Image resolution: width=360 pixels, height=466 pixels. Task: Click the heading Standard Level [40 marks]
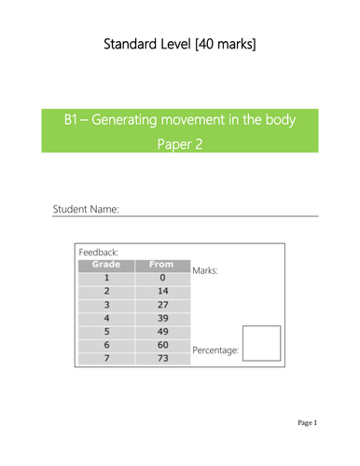[180, 44]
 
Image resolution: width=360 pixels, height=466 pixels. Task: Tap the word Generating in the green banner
[124, 120]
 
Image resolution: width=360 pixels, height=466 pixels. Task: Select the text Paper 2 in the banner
[180, 144]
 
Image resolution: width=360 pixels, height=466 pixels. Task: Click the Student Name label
[86, 209]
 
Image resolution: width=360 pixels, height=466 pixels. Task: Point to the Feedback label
[99, 253]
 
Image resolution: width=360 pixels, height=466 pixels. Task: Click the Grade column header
[106, 265]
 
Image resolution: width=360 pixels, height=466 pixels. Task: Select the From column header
[161, 265]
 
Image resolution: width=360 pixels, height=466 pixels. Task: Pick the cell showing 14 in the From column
[163, 291]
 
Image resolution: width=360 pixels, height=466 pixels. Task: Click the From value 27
[163, 305]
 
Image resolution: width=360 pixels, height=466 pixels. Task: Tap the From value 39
[163, 318]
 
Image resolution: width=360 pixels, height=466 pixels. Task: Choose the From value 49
[163, 332]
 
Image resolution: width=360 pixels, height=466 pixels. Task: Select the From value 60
[163, 345]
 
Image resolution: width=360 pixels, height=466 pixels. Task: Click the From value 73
[163, 358]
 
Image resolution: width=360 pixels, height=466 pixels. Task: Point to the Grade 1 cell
[106, 278]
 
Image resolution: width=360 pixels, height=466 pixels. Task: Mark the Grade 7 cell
[106, 358]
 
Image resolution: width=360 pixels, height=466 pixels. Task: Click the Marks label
[205, 270]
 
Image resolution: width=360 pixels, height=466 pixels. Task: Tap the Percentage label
[215, 350]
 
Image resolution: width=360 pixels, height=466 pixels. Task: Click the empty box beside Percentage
[261, 326]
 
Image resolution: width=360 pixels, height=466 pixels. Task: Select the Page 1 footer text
[307, 422]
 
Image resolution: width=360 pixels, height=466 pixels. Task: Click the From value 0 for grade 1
[162, 278]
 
